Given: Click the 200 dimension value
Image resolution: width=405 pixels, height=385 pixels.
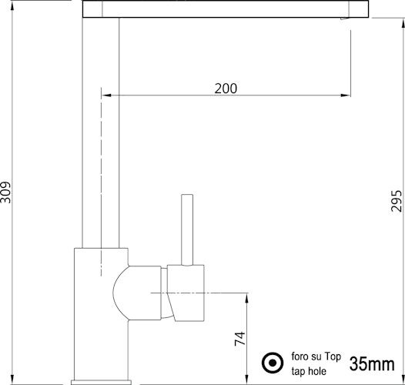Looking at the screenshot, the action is point(226,89).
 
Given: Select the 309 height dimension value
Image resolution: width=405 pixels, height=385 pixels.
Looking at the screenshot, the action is point(5,192).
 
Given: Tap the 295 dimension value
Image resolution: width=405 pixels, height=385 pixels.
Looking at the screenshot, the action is point(397,201).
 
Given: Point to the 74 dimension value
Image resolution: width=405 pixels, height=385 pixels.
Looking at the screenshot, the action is point(239,339).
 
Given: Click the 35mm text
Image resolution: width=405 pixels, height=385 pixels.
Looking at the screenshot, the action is point(372,363).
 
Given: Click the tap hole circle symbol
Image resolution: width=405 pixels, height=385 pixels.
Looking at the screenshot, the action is point(273,363).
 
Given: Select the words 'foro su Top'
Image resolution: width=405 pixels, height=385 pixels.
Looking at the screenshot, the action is point(316,357).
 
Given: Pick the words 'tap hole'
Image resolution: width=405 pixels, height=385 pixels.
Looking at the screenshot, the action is point(309,371).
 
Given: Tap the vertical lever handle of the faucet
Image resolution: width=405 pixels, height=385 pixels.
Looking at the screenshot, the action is point(187,230).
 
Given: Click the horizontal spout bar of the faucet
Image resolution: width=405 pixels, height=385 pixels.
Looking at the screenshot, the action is point(226,9).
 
